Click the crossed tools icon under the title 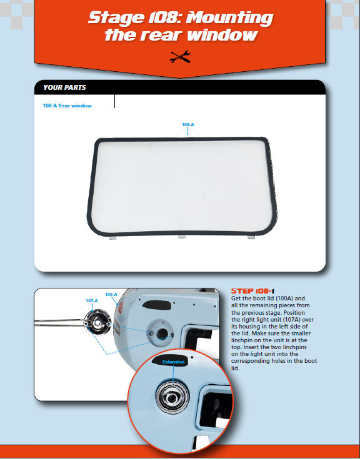[x=180, y=57]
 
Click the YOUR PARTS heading [x=64, y=87]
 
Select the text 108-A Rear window [x=67, y=106]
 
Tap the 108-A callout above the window [x=187, y=124]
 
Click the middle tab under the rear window [x=182, y=236]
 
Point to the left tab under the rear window [x=113, y=238]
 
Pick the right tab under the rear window [x=251, y=237]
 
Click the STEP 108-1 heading [x=252, y=291]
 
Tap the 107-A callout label [x=92, y=300]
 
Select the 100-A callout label [x=111, y=294]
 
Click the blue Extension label [x=173, y=362]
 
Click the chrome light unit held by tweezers [x=97, y=322]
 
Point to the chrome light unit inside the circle [x=172, y=398]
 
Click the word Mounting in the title [x=229, y=17]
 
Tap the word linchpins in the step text [x=292, y=347]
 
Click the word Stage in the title [x=116, y=18]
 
